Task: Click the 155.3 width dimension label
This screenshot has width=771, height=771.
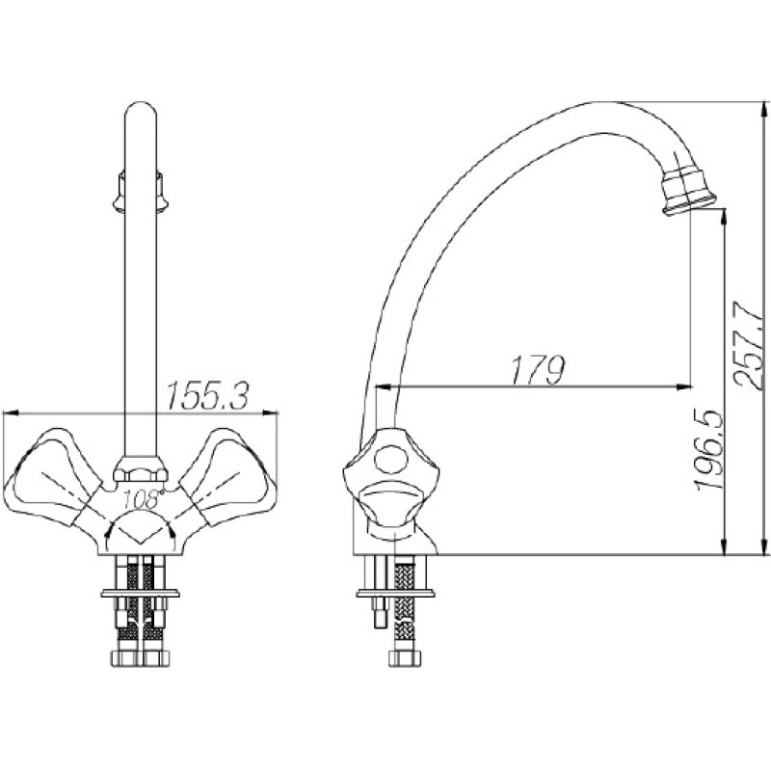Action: click(x=208, y=396)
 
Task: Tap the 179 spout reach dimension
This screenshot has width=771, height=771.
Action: click(x=538, y=369)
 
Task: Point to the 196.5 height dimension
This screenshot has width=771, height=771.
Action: click(x=709, y=449)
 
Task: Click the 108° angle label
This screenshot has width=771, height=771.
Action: click(x=143, y=499)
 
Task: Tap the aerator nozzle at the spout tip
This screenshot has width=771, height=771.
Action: click(x=687, y=191)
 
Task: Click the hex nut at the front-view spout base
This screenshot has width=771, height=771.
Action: click(x=141, y=468)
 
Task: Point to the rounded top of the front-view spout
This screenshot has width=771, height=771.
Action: click(x=141, y=111)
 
